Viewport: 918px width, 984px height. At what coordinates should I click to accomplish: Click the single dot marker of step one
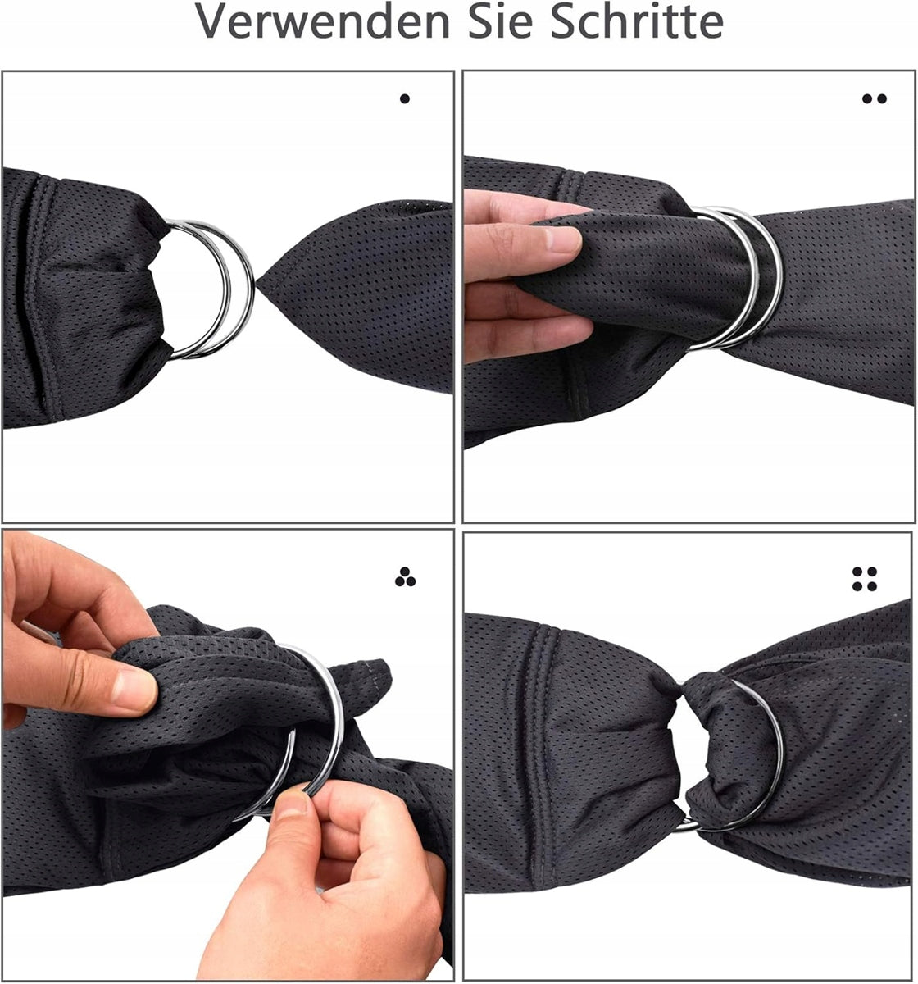[405, 98]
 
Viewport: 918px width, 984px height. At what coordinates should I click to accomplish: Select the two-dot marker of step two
[875, 98]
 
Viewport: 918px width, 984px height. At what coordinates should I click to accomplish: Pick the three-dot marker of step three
[405, 577]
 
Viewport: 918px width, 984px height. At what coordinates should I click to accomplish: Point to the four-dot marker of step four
[865, 579]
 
